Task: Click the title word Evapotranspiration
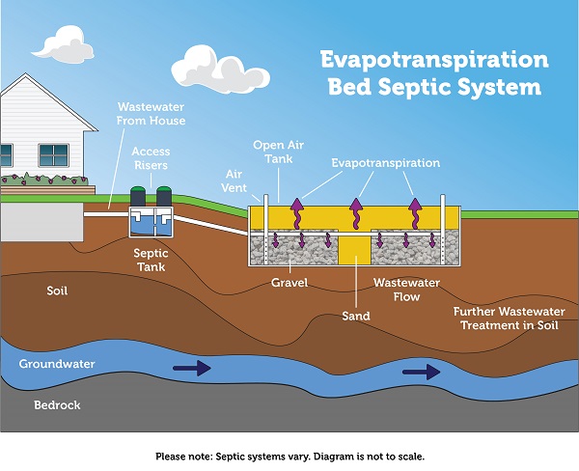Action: click(434, 60)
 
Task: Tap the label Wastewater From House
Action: click(151, 113)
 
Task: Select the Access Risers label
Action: click(151, 158)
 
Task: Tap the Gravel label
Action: click(289, 284)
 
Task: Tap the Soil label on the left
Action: click(58, 290)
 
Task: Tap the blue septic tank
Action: click(151, 223)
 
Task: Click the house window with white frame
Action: click(53, 154)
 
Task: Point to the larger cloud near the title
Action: click(209, 68)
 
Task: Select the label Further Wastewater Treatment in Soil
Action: click(509, 319)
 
